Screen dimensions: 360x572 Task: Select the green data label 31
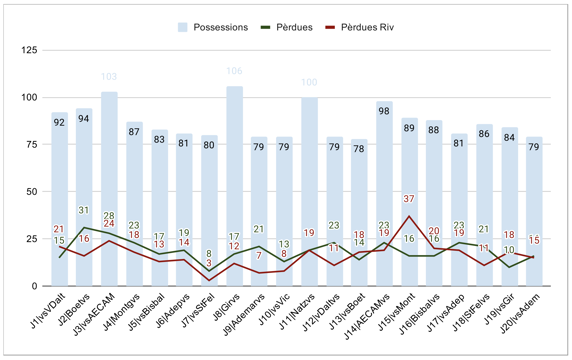pos(85,211)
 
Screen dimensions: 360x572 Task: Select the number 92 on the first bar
pos(60,123)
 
